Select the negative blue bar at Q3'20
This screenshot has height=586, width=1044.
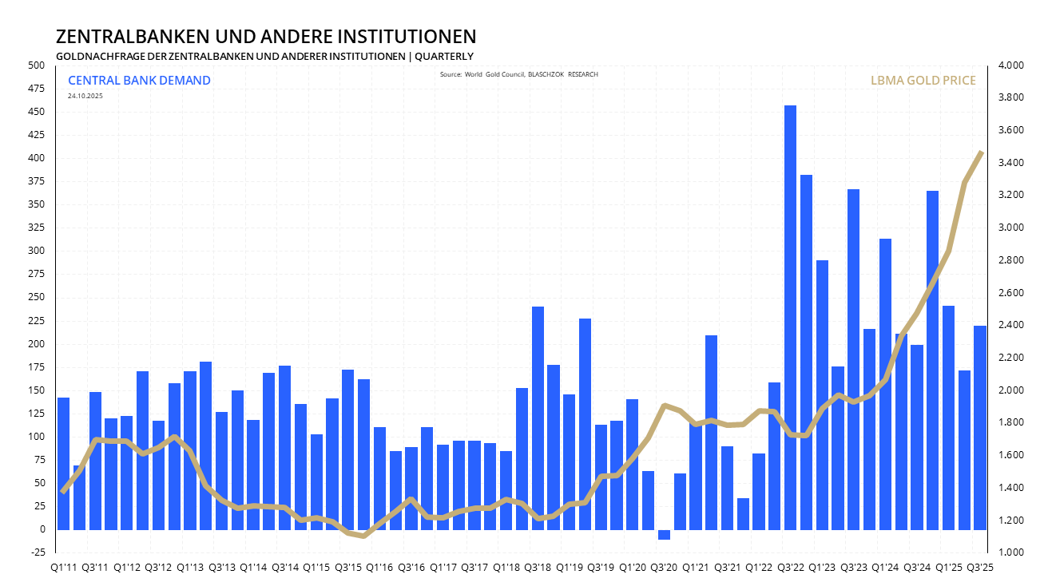pyautogui.click(x=664, y=534)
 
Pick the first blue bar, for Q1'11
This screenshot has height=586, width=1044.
pyautogui.click(x=64, y=463)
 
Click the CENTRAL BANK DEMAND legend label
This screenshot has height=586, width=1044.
pyautogui.click(x=139, y=80)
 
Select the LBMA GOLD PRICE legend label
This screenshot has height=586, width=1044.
pyautogui.click(x=922, y=81)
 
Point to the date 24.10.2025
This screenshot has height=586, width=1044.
pyautogui.click(x=85, y=96)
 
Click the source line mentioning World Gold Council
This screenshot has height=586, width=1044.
pyautogui.click(x=518, y=74)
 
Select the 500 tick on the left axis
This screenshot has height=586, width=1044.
pyautogui.click(x=38, y=65)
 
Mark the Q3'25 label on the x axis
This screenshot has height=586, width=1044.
pyautogui.click(x=979, y=568)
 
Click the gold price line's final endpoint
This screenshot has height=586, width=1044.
pyautogui.click(x=981, y=152)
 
